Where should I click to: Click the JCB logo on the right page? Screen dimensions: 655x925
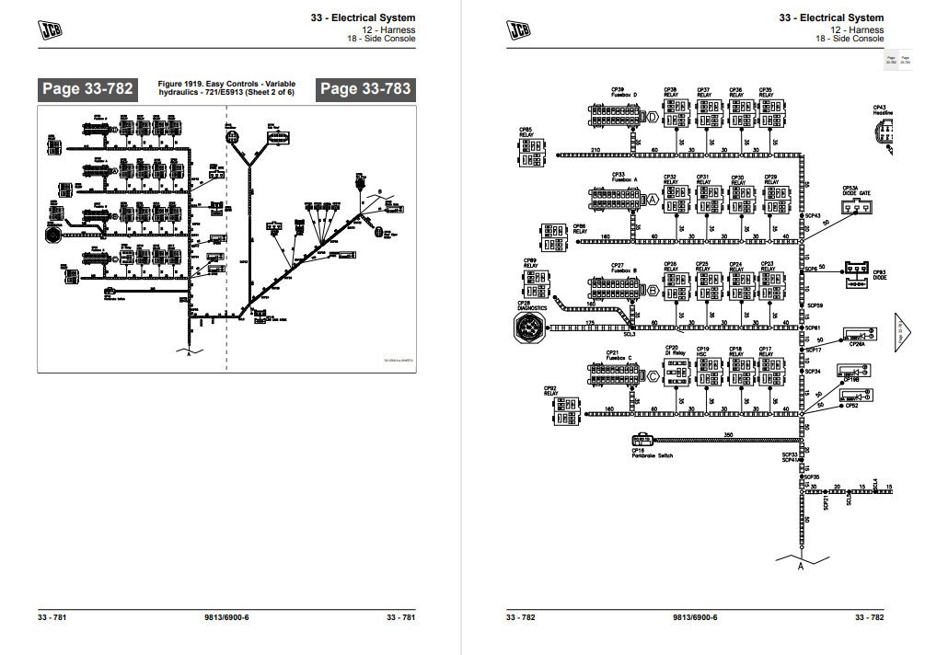tap(518, 30)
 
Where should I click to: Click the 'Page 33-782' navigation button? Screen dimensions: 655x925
tap(87, 89)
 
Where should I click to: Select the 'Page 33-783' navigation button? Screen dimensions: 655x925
tap(364, 89)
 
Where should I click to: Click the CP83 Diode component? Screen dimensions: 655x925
tap(857, 273)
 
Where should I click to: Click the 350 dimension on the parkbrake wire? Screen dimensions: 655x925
tap(728, 433)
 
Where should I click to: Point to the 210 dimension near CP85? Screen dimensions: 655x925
tap(595, 149)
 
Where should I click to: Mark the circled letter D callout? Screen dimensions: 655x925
tap(653, 118)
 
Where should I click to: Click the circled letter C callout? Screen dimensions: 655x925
tap(653, 375)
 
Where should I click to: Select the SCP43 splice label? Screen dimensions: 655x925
tap(813, 216)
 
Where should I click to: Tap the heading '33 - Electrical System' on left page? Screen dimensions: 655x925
tap(363, 17)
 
